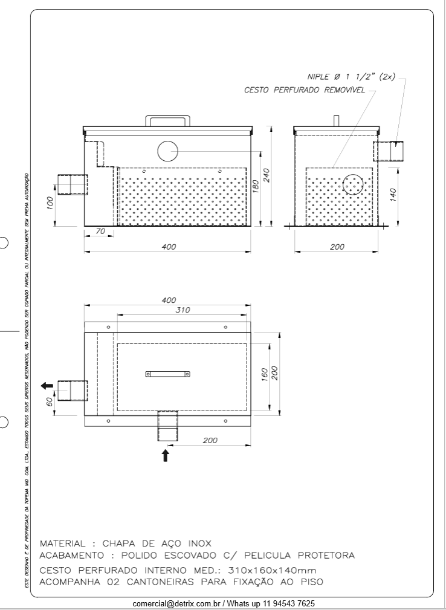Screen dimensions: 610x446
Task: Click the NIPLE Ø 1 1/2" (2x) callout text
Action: click(x=351, y=77)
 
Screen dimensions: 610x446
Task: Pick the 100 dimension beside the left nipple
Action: click(x=51, y=201)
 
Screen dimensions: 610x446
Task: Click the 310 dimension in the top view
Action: click(x=183, y=310)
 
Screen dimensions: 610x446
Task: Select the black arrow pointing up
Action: click(x=166, y=455)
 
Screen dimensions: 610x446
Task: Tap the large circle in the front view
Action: click(x=167, y=151)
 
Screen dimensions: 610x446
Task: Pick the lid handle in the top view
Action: click(x=167, y=374)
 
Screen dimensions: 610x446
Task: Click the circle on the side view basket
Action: click(x=354, y=184)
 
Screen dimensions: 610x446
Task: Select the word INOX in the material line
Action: click(x=196, y=543)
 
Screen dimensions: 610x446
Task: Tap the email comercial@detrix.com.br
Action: click(x=178, y=603)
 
